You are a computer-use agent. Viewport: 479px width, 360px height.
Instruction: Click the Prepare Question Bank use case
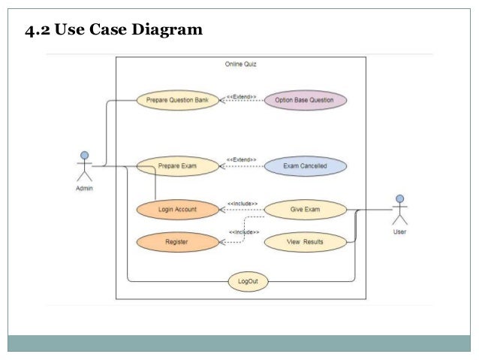coord(178,100)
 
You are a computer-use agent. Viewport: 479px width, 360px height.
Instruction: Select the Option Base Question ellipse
coord(305,100)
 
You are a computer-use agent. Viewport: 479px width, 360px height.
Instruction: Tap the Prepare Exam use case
coord(178,166)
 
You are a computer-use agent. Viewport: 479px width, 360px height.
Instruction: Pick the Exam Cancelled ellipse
coord(305,166)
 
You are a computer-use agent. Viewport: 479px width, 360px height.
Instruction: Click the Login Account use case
coord(177,210)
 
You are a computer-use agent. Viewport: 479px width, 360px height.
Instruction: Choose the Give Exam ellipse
coord(305,210)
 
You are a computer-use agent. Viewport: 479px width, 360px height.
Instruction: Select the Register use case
coord(177,242)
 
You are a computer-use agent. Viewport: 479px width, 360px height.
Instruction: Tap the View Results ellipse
coord(305,242)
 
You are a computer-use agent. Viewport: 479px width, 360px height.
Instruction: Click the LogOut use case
coord(248,282)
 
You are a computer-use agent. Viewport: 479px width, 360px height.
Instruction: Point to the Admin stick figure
coord(85,166)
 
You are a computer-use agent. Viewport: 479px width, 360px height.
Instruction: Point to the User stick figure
coord(399,210)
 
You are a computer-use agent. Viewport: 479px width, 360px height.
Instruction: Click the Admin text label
coord(85,189)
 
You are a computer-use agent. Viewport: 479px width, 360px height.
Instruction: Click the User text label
coord(400,232)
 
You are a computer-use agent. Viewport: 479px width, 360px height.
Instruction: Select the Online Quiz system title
coord(241,65)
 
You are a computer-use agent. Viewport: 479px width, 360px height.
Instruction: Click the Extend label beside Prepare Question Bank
coord(242,97)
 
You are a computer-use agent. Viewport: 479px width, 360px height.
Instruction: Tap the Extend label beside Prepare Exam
coord(242,160)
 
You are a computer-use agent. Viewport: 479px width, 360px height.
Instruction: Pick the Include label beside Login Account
coord(243,204)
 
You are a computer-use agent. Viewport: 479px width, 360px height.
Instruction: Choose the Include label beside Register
coord(243,232)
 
